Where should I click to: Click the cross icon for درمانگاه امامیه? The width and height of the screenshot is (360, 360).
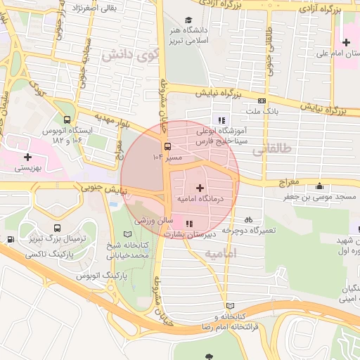pyautogui.click(x=201, y=188)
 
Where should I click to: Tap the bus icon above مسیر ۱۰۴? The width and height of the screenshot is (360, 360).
pyautogui.click(x=167, y=147)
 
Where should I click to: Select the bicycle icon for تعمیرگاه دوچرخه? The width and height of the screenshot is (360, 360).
pyautogui.click(x=248, y=219)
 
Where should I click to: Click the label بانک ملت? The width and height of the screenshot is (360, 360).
pyautogui.click(x=263, y=111)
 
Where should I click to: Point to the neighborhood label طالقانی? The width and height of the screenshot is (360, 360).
pyautogui.click(x=269, y=149)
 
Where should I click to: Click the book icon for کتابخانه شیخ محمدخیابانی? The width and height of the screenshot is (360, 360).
pyautogui.click(x=127, y=233)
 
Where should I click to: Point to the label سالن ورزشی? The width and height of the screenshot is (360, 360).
pyautogui.click(x=148, y=220)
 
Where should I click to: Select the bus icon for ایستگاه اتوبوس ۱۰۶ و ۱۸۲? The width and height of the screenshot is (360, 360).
pyautogui.click(x=67, y=121)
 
